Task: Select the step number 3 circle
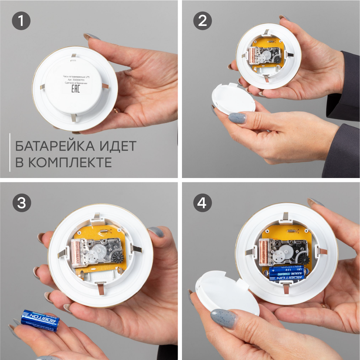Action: pos(21,203)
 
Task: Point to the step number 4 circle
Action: pos(202,203)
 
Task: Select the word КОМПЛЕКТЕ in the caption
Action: pos(70,163)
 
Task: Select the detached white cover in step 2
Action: pos(233,99)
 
